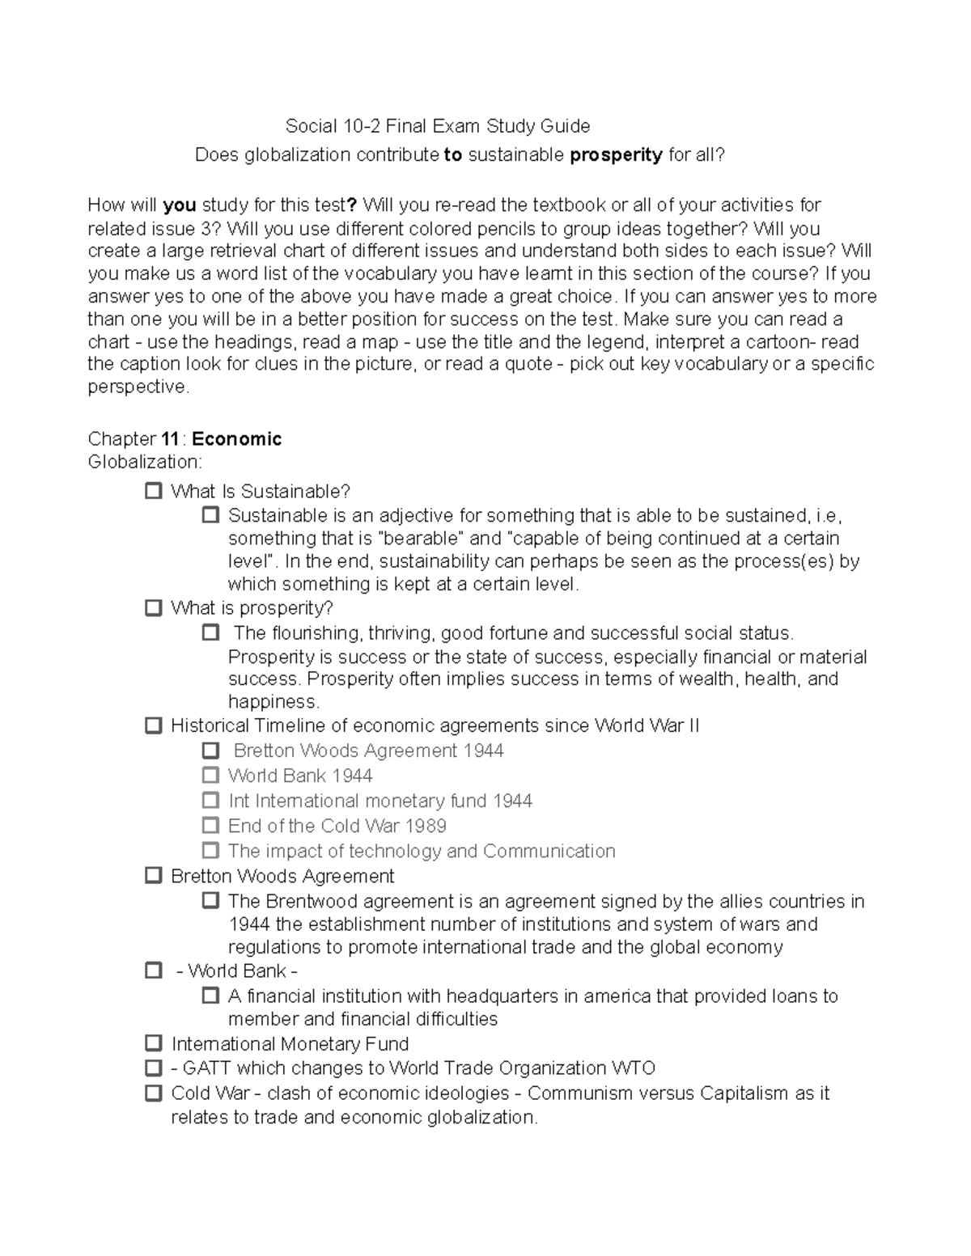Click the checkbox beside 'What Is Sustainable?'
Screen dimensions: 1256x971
pos(154,491)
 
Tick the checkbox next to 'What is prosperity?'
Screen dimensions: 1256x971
pos(154,607)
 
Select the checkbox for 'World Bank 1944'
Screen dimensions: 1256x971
pos(210,776)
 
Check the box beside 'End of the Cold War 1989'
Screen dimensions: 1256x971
pos(210,826)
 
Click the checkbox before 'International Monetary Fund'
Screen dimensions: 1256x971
pos(154,1043)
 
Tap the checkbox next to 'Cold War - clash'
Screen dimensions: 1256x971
pos(154,1093)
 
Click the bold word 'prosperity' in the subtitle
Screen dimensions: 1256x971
pos(617,154)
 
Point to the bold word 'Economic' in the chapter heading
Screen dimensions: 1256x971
pos(237,439)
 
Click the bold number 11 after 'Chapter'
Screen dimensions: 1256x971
pos(170,439)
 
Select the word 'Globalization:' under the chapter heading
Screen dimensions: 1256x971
pos(145,462)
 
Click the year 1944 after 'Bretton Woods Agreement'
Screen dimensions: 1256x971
pos(484,751)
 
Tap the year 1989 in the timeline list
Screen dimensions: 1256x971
pos(426,826)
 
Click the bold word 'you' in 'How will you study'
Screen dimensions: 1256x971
pos(180,205)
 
